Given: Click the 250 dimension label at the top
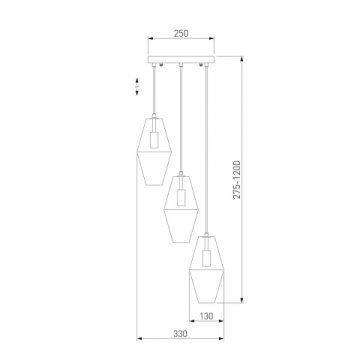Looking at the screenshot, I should (179, 32).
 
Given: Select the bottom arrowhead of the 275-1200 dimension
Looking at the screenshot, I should (246, 298).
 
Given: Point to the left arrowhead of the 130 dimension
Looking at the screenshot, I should (190, 310).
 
